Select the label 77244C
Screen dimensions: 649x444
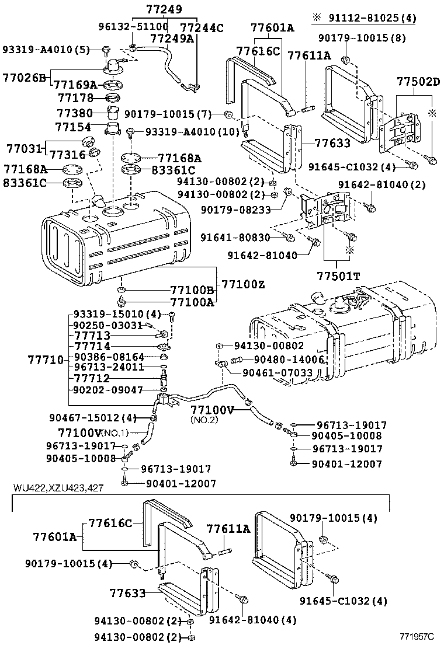click(x=202, y=27)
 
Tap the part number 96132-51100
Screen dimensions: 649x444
click(x=133, y=27)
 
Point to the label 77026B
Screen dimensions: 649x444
click(x=24, y=78)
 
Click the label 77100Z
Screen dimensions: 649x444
click(x=244, y=284)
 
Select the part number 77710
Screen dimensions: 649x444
click(x=46, y=360)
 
